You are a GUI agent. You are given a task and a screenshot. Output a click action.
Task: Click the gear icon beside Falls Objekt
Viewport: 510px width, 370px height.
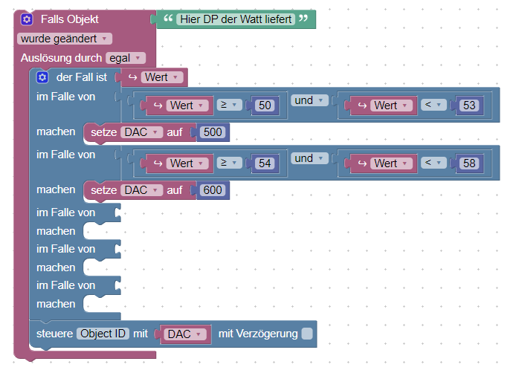[27, 19]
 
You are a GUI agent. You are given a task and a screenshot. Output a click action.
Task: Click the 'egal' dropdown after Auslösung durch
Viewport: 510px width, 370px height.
[126, 57]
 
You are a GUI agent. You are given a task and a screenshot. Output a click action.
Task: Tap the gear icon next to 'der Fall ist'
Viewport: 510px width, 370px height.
[42, 77]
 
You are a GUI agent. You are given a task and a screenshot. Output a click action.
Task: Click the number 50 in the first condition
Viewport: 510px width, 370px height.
[264, 106]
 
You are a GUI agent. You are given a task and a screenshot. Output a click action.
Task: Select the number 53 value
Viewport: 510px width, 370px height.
[468, 106]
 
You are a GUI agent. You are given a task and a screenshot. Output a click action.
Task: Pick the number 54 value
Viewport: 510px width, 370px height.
[264, 163]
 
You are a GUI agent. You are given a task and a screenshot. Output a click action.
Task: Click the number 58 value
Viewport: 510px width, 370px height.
[468, 163]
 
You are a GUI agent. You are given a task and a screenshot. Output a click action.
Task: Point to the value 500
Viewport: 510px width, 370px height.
[211, 132]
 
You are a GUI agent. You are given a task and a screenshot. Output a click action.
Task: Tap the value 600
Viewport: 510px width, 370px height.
[212, 190]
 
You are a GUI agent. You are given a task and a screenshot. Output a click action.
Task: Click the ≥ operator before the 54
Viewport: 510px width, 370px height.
[227, 163]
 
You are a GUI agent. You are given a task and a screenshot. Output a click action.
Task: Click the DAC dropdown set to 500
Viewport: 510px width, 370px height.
[141, 132]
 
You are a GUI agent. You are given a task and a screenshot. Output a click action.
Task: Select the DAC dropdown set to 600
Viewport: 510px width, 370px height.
[141, 190]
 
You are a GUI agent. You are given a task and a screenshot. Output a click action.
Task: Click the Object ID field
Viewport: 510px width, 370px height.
[103, 334]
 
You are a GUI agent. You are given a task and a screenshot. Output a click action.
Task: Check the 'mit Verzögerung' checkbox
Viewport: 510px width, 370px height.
[308, 334]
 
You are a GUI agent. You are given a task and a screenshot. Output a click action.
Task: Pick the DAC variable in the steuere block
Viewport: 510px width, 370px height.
[184, 334]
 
